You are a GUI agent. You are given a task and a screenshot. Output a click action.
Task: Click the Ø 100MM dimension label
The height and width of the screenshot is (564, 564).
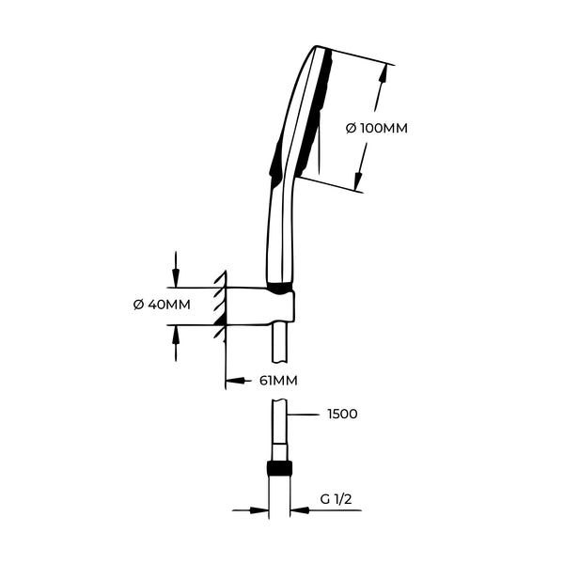(x=376, y=129)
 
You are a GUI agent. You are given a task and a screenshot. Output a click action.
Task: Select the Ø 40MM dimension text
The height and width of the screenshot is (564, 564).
(x=163, y=305)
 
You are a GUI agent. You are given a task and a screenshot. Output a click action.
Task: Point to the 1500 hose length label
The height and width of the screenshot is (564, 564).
(x=342, y=414)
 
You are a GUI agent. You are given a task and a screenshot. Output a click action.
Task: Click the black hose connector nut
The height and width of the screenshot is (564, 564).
(x=279, y=468)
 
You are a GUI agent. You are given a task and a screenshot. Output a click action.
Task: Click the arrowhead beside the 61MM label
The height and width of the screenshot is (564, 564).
(x=232, y=381)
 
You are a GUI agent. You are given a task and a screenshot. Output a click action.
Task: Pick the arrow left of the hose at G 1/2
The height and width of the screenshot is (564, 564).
(x=259, y=510)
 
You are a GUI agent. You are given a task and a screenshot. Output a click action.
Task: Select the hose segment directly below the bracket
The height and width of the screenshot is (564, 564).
(x=279, y=344)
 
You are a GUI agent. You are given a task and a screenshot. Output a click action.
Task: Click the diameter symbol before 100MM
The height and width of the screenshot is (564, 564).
(x=351, y=129)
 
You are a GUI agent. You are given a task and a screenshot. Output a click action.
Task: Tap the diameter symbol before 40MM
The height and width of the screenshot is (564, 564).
(x=138, y=305)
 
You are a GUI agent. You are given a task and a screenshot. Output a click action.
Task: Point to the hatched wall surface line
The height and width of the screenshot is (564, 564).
(x=224, y=310)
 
